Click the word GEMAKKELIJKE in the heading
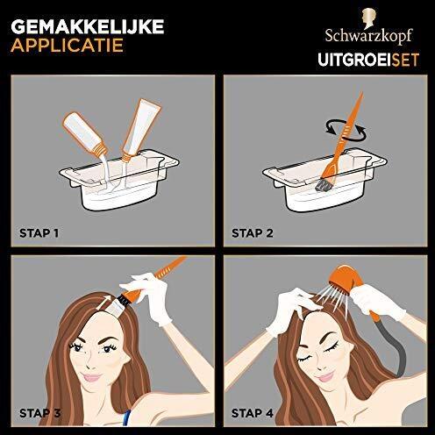click(x=88, y=27)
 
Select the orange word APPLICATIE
click(x=67, y=46)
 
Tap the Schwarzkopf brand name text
click(x=368, y=36)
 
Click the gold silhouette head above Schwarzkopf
click(x=369, y=18)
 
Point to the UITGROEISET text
click(x=368, y=60)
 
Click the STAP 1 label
click(x=39, y=233)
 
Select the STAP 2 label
click(x=253, y=233)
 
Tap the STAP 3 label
click(x=39, y=413)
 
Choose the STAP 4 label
click(x=253, y=413)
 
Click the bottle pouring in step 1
click(x=85, y=133)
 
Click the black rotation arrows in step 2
click(x=346, y=129)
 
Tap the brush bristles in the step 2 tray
click(x=323, y=185)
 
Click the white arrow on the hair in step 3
click(x=103, y=303)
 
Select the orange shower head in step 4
click(x=346, y=279)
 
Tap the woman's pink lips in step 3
click(x=92, y=377)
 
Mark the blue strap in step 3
click(x=126, y=417)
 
